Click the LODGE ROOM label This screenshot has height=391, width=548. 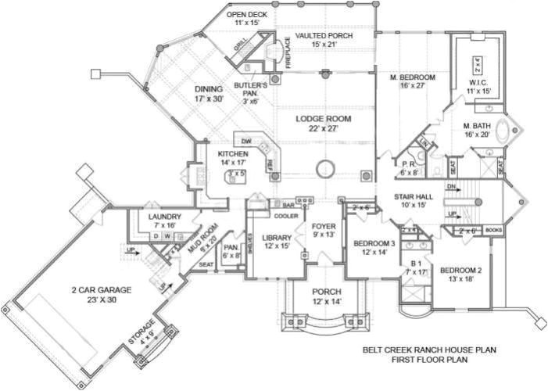point(323,120)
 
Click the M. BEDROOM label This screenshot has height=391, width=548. point(413,77)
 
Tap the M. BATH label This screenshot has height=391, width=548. point(478,126)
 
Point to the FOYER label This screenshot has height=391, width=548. point(323,227)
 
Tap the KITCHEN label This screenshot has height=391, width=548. point(233,154)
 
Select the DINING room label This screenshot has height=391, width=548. point(210,89)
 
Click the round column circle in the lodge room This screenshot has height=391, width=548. point(327,166)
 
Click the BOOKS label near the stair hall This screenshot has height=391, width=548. point(492,231)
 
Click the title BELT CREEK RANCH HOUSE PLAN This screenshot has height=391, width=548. point(429,350)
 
